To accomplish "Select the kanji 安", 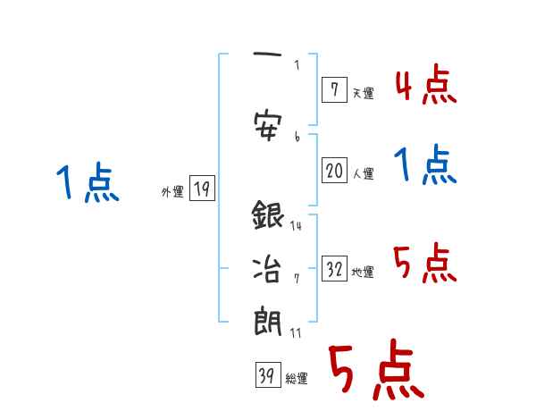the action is click(x=268, y=124).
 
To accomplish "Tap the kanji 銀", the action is click(x=268, y=216).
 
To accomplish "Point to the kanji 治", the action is click(x=268, y=269).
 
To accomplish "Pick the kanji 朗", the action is click(x=268, y=322).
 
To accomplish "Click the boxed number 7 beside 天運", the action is click(x=333, y=89).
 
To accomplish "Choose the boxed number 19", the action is click(x=202, y=189).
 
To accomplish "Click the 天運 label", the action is click(x=363, y=93).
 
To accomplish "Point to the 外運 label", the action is click(x=172, y=191).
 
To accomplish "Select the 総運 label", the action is click(x=297, y=379).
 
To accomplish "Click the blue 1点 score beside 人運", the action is click(x=425, y=166).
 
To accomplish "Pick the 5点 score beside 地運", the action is click(x=425, y=263).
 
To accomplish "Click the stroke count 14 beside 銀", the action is click(x=296, y=225).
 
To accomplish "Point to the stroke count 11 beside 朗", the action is click(x=296, y=332).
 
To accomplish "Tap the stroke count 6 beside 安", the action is click(x=297, y=136).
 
